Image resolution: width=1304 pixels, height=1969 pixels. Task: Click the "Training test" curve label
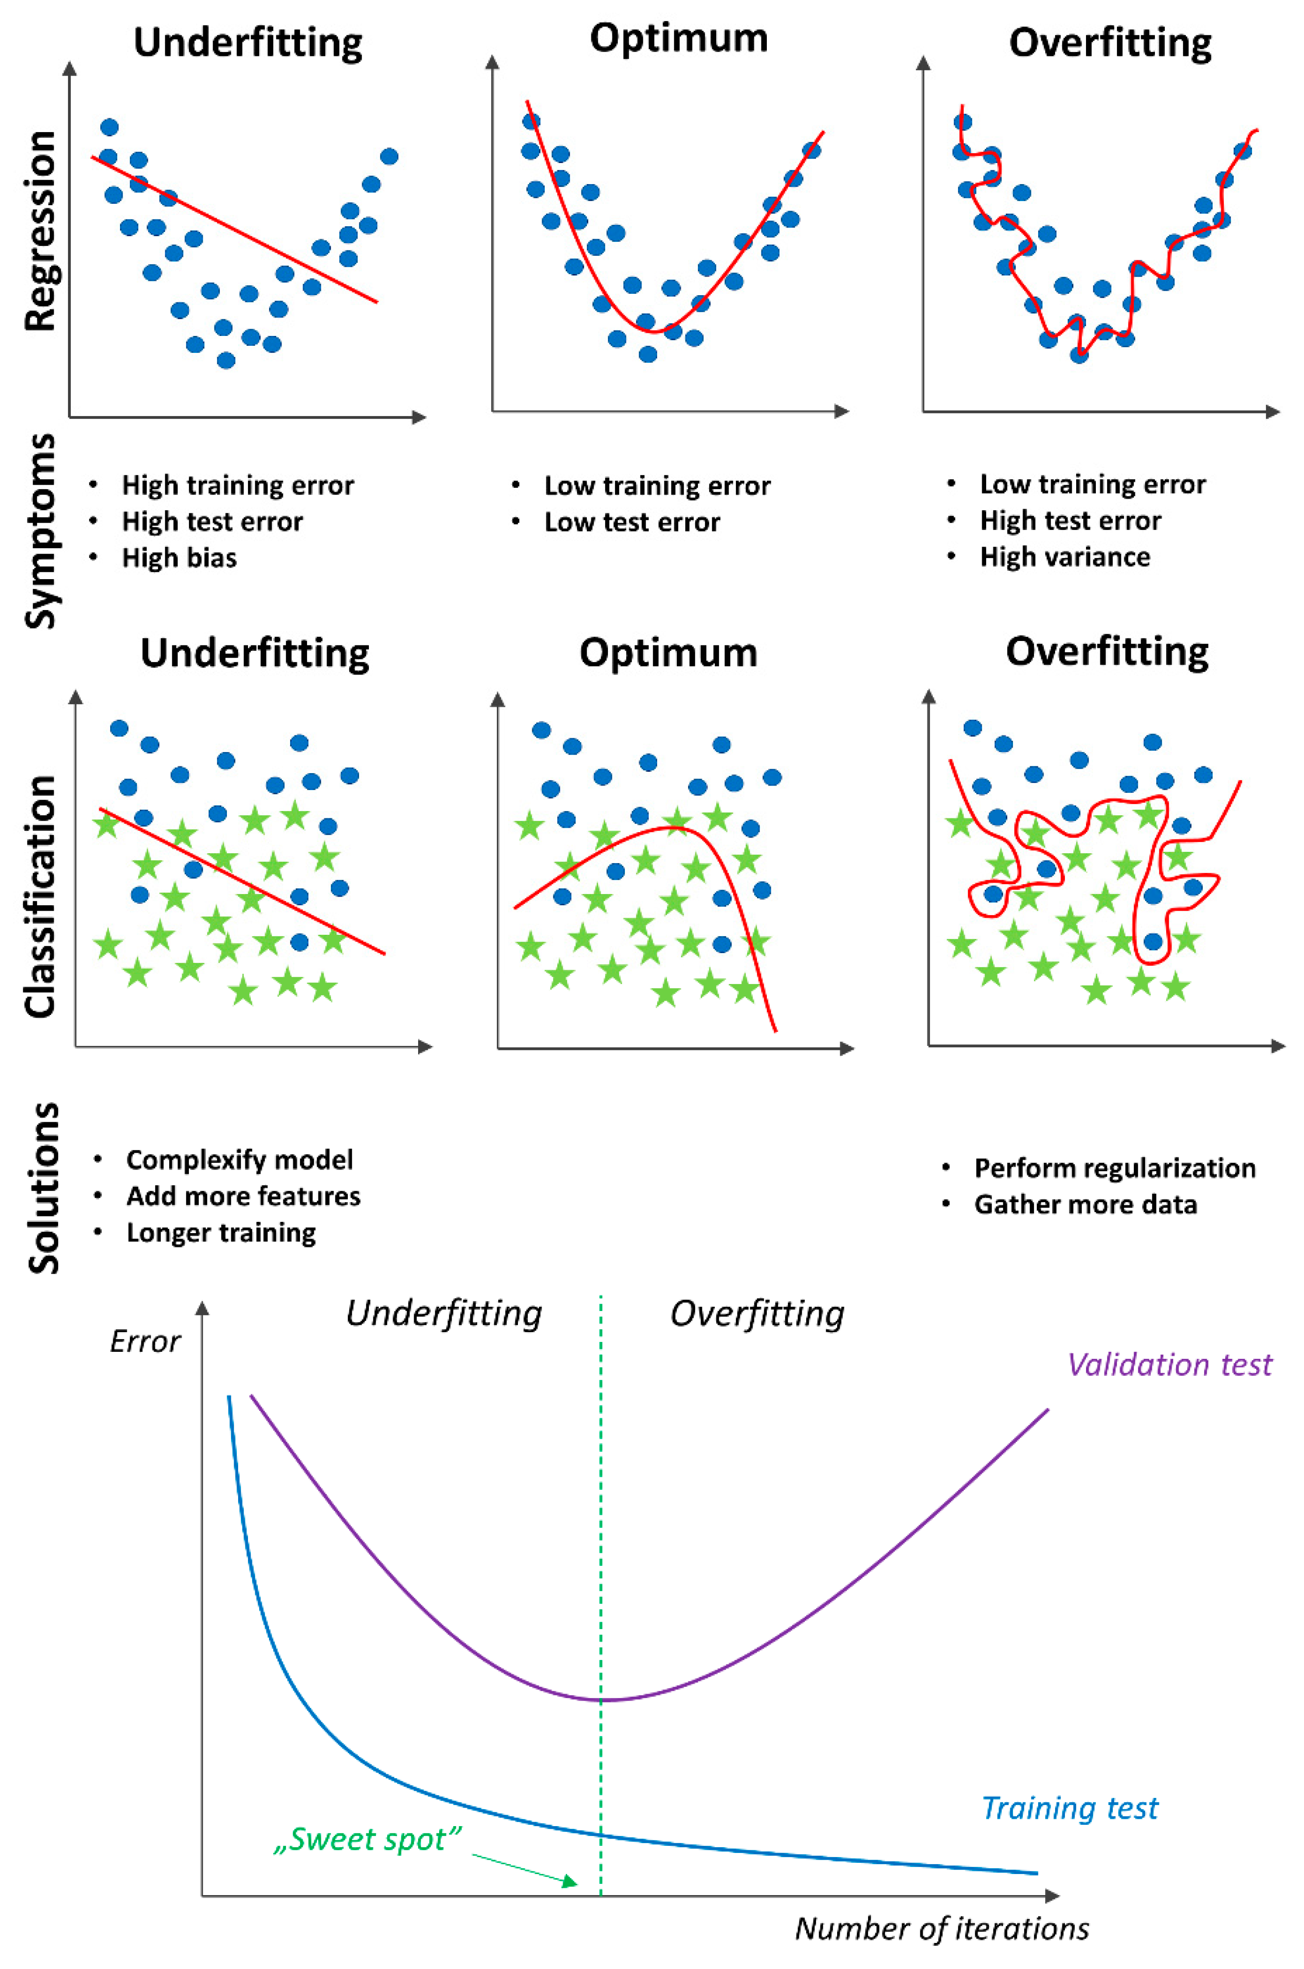pyautogui.click(x=1069, y=1808)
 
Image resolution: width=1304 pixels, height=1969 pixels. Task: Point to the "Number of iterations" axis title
pyautogui.click(x=941, y=1928)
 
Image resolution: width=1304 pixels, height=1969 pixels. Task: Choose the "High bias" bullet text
pyautogui.click(x=179, y=557)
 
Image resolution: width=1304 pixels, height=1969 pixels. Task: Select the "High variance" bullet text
pyautogui.click(x=1065, y=556)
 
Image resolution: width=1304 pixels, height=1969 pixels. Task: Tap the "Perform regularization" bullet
pyautogui.click(x=1114, y=1168)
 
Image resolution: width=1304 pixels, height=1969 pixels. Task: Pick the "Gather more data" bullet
pyautogui.click(x=1085, y=1204)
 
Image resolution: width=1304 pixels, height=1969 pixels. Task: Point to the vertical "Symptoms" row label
pyautogui.click(x=40, y=531)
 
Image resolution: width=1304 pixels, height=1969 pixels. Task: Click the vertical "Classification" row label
pyautogui.click(x=40, y=897)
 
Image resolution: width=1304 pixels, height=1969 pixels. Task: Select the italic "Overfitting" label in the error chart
pyautogui.click(x=757, y=1314)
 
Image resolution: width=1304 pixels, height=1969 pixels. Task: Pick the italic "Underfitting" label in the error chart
pyautogui.click(x=443, y=1314)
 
